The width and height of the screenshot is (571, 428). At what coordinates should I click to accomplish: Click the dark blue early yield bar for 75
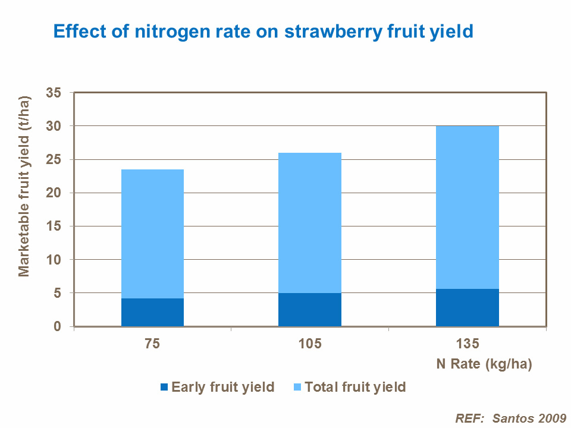pos(152,312)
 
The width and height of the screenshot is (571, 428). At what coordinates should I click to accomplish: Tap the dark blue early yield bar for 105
pos(310,309)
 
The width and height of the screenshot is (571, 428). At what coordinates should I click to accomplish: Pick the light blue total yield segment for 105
pos(310,223)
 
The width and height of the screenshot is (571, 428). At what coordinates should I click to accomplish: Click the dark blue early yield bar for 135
pos(467,307)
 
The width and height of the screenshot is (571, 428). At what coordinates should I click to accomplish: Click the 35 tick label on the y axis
pos(54,93)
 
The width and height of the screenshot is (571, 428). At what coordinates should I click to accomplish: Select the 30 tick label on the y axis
pos(54,126)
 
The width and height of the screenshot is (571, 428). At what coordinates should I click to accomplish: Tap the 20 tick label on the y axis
pos(54,193)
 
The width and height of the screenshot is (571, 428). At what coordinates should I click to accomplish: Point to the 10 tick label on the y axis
pos(54,260)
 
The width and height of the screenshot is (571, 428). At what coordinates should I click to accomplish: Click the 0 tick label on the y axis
pos(58,326)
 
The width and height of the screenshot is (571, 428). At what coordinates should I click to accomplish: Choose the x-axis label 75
pos(152,344)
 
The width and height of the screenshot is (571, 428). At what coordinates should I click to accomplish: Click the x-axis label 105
pos(310,344)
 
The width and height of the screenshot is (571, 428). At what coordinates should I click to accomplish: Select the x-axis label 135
pos(467,344)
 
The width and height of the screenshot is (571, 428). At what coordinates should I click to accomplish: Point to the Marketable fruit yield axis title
pos(24,186)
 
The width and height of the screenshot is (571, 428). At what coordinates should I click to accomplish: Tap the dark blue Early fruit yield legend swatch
pos(165,388)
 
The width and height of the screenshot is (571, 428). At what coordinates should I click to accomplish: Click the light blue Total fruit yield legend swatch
pos(298,388)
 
